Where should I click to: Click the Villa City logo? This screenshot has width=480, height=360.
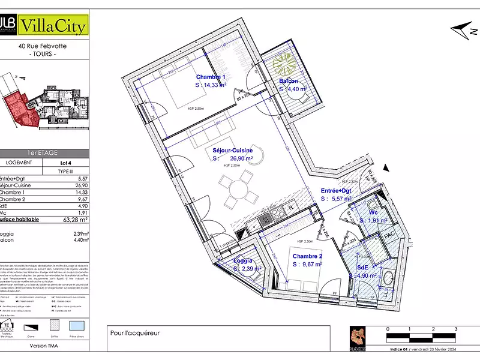click(x=54, y=26)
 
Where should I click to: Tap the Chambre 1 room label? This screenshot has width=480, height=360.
click(x=211, y=77)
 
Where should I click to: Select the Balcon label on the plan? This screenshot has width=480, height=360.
click(x=289, y=82)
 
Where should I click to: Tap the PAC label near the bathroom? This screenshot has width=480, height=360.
click(x=388, y=235)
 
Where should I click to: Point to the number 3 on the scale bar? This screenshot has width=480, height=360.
click(x=455, y=329)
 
